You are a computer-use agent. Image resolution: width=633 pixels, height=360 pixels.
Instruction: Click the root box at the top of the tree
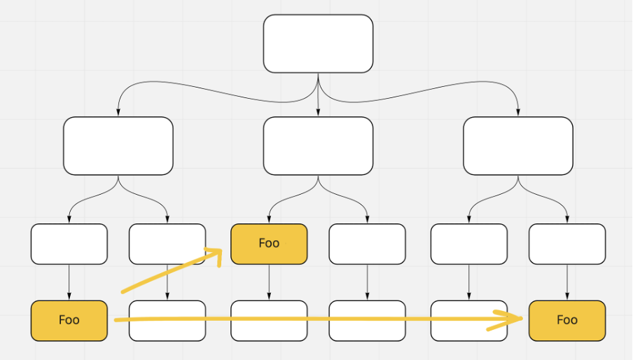pos(318,43)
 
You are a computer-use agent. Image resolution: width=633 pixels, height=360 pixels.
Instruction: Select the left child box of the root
pos(118,146)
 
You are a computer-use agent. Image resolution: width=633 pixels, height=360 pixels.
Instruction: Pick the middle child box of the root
pos(318,146)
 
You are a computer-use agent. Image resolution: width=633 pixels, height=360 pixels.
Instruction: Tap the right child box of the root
pos(518,146)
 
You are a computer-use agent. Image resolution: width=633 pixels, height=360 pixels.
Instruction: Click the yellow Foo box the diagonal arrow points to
pos(269,244)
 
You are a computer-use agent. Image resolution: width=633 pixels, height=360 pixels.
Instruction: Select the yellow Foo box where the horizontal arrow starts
pos(69,321)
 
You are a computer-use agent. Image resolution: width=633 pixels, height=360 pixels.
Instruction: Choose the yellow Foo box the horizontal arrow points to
pos(567,321)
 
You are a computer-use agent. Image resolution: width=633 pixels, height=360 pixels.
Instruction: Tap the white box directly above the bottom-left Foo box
pos(69,244)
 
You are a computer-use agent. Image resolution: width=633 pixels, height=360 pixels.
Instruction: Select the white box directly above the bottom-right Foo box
pos(567,244)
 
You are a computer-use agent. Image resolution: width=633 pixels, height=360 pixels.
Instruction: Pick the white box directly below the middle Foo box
pos(269,321)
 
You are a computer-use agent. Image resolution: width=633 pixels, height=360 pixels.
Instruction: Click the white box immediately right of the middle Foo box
pos(367,244)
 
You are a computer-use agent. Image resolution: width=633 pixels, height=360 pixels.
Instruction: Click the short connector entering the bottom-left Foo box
pos(69,282)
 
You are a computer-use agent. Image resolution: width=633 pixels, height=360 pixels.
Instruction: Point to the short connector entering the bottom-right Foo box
pos(567,282)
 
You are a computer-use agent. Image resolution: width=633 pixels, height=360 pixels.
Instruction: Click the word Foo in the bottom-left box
pos(69,320)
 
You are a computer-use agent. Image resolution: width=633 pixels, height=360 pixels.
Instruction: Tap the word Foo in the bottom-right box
pos(567,320)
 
